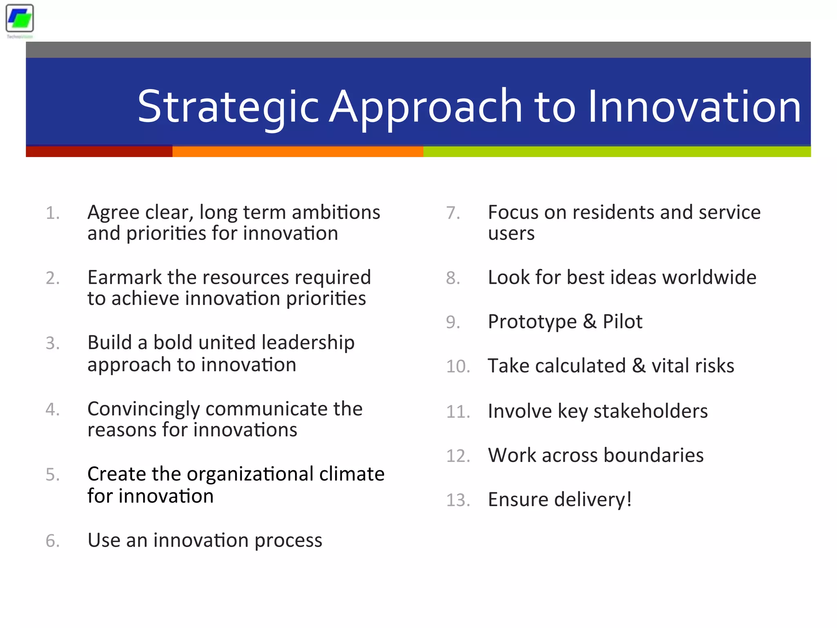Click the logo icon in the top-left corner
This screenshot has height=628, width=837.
(x=20, y=18)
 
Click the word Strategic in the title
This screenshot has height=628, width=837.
(x=228, y=107)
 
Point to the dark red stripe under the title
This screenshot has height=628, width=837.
(x=99, y=152)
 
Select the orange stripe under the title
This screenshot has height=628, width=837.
(x=298, y=152)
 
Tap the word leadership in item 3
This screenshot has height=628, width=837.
(x=308, y=343)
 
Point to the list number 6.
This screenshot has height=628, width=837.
(x=52, y=541)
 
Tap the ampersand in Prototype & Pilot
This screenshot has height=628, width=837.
(x=589, y=322)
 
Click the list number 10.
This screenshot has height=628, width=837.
(x=457, y=366)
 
